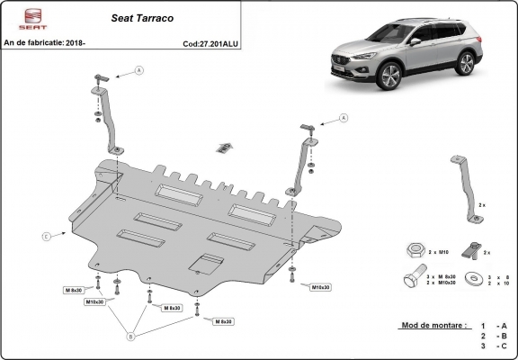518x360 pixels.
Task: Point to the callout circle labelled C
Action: point(45,237)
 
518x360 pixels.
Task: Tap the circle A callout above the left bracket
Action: point(138,69)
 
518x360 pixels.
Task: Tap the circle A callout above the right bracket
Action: point(344,118)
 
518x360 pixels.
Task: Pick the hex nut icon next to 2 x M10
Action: point(410,247)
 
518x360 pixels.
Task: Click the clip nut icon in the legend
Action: point(467,247)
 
